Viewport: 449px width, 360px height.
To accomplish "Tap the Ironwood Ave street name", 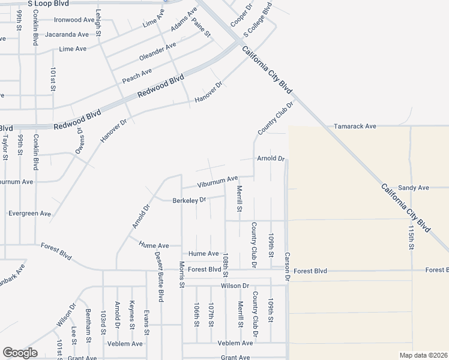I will tap(74, 20).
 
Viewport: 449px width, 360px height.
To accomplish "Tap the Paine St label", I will tap(201, 28).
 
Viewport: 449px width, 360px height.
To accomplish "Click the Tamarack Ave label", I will tap(355, 126).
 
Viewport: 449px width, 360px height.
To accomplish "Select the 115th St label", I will tap(411, 238).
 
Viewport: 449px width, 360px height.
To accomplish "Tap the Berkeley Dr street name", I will tap(189, 200).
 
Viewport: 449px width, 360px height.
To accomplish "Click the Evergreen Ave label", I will tap(29, 213).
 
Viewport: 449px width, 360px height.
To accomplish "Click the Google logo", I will tap(19, 353).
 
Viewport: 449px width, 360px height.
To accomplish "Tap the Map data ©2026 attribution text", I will tap(424, 355).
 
